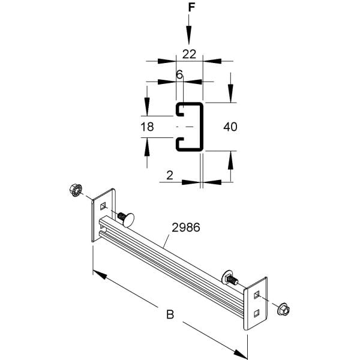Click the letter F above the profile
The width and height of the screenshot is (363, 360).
pos(191,7)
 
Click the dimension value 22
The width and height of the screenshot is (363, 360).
pos(189,54)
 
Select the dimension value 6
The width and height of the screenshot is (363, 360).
pos(179,74)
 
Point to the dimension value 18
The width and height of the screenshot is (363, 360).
pos(147,127)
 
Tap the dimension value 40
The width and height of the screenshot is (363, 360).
pos(230,127)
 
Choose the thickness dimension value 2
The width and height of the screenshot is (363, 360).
pos(170,175)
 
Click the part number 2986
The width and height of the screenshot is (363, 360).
pos(186,227)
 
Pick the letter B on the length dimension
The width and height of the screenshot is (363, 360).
pos(170,314)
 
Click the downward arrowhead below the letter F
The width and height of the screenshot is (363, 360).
pos(189,35)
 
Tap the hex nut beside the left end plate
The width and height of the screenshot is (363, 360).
pos(76,190)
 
